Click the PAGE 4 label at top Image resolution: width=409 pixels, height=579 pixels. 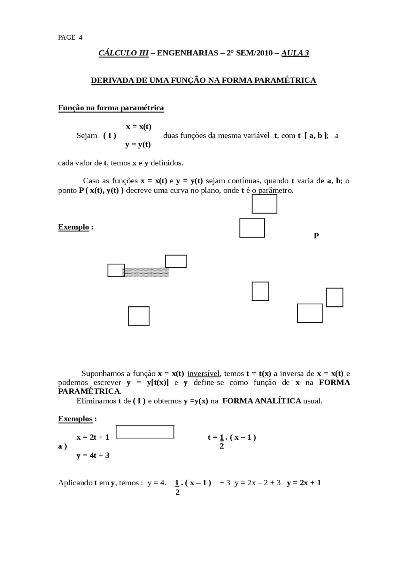[70, 37]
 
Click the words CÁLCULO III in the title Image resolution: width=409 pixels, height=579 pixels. [124, 53]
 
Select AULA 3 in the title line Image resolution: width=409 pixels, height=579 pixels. [295, 53]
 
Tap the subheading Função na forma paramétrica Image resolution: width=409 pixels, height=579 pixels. [111, 108]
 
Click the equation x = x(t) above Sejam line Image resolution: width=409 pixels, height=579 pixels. [139, 127]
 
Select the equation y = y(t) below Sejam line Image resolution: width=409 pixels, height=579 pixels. [138, 145]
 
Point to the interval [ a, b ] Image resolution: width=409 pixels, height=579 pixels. [316, 136]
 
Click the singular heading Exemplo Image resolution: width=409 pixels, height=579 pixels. [73, 227]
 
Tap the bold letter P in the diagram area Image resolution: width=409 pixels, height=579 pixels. [316, 236]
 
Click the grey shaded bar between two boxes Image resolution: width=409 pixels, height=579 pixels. [146, 272]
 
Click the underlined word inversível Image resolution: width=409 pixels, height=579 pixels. [204, 373]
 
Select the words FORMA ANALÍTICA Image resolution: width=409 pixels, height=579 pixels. [261, 401]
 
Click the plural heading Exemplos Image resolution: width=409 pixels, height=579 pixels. [75, 419]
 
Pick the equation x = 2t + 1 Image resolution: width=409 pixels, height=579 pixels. [93, 437]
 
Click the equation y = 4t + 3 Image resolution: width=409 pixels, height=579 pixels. [93, 455]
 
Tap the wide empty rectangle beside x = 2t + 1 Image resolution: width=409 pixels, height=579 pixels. [145, 432]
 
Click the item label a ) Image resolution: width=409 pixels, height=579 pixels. [63, 446]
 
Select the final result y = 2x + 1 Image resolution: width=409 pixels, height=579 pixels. [304, 483]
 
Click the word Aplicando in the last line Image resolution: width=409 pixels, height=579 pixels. [75, 483]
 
